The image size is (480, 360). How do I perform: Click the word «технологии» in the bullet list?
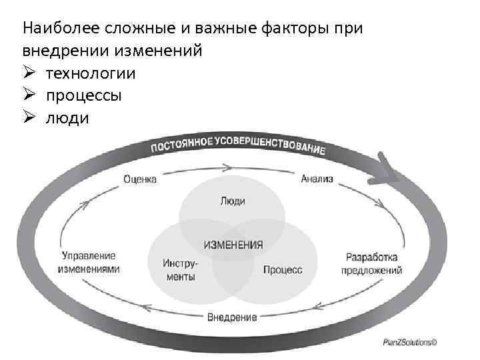tap(91, 73)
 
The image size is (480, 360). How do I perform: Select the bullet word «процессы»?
tap(84, 95)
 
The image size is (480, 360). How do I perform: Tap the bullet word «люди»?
tap(67, 117)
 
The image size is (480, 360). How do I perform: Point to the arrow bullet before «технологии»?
tap(29, 73)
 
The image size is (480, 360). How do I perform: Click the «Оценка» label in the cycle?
tap(140, 179)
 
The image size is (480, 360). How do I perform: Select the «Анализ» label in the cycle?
tap(317, 179)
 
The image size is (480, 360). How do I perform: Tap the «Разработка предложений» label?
tap(372, 264)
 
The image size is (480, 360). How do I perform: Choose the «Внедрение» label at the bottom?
tap(231, 317)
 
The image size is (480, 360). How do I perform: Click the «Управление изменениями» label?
tap(89, 262)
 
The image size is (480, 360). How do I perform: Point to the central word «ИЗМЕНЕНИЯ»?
tap(233, 245)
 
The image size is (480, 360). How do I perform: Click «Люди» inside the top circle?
tap(232, 201)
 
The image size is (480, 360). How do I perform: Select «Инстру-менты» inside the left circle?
tap(179, 269)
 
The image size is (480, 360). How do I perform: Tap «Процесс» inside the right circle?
tap(282, 270)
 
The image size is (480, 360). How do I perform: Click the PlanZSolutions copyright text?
tap(409, 343)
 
